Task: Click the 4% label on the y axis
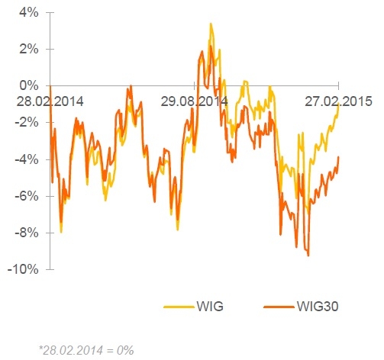pyautogui.click(x=29, y=12)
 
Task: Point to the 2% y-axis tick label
pyautogui.click(x=29, y=49)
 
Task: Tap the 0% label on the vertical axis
pyautogui.click(x=29, y=85)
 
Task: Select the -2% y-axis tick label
pyautogui.click(x=27, y=123)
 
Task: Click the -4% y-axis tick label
pyautogui.click(x=27, y=159)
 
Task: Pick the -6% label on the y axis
pyautogui.click(x=27, y=196)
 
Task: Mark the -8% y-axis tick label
pyautogui.click(x=27, y=233)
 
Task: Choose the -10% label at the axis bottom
pyautogui.click(x=24, y=269)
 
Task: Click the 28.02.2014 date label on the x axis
pyautogui.click(x=50, y=101)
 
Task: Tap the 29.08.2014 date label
pyautogui.click(x=194, y=101)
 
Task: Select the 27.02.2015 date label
pyautogui.click(x=338, y=101)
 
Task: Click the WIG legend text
pyautogui.click(x=210, y=307)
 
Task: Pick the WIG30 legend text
pyautogui.click(x=318, y=307)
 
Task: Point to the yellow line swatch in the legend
pyautogui.click(x=179, y=307)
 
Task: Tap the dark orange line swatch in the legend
pyautogui.click(x=279, y=307)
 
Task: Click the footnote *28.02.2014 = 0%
pyautogui.click(x=86, y=350)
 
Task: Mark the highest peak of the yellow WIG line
pyautogui.click(x=211, y=24)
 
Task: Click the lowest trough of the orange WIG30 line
pyautogui.click(x=308, y=256)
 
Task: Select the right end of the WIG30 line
pyautogui.click(x=339, y=157)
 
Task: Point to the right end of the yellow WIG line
pyautogui.click(x=339, y=104)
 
